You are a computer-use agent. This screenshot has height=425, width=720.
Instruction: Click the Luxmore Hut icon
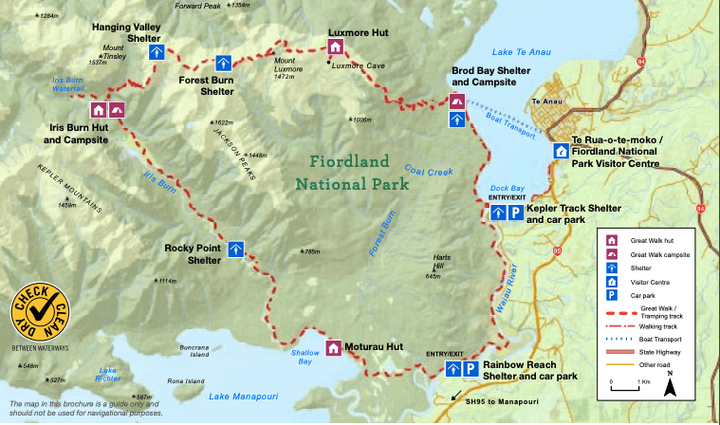click(x=335, y=47)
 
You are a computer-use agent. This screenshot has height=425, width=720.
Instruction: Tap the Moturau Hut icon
click(x=333, y=348)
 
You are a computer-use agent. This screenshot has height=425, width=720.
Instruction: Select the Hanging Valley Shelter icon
click(x=158, y=52)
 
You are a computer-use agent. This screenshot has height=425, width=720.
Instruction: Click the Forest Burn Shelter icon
click(x=223, y=64)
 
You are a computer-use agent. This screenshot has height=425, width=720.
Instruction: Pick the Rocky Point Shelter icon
click(x=235, y=249)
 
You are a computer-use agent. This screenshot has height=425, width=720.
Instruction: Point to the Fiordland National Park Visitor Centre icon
click(x=561, y=151)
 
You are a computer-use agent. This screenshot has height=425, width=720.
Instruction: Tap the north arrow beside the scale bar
click(x=670, y=385)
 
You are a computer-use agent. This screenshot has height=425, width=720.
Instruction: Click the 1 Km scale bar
click(x=626, y=388)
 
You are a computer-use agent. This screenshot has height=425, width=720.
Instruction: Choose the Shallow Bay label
click(x=302, y=357)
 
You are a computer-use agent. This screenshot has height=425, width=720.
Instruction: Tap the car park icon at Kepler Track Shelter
click(x=514, y=213)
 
